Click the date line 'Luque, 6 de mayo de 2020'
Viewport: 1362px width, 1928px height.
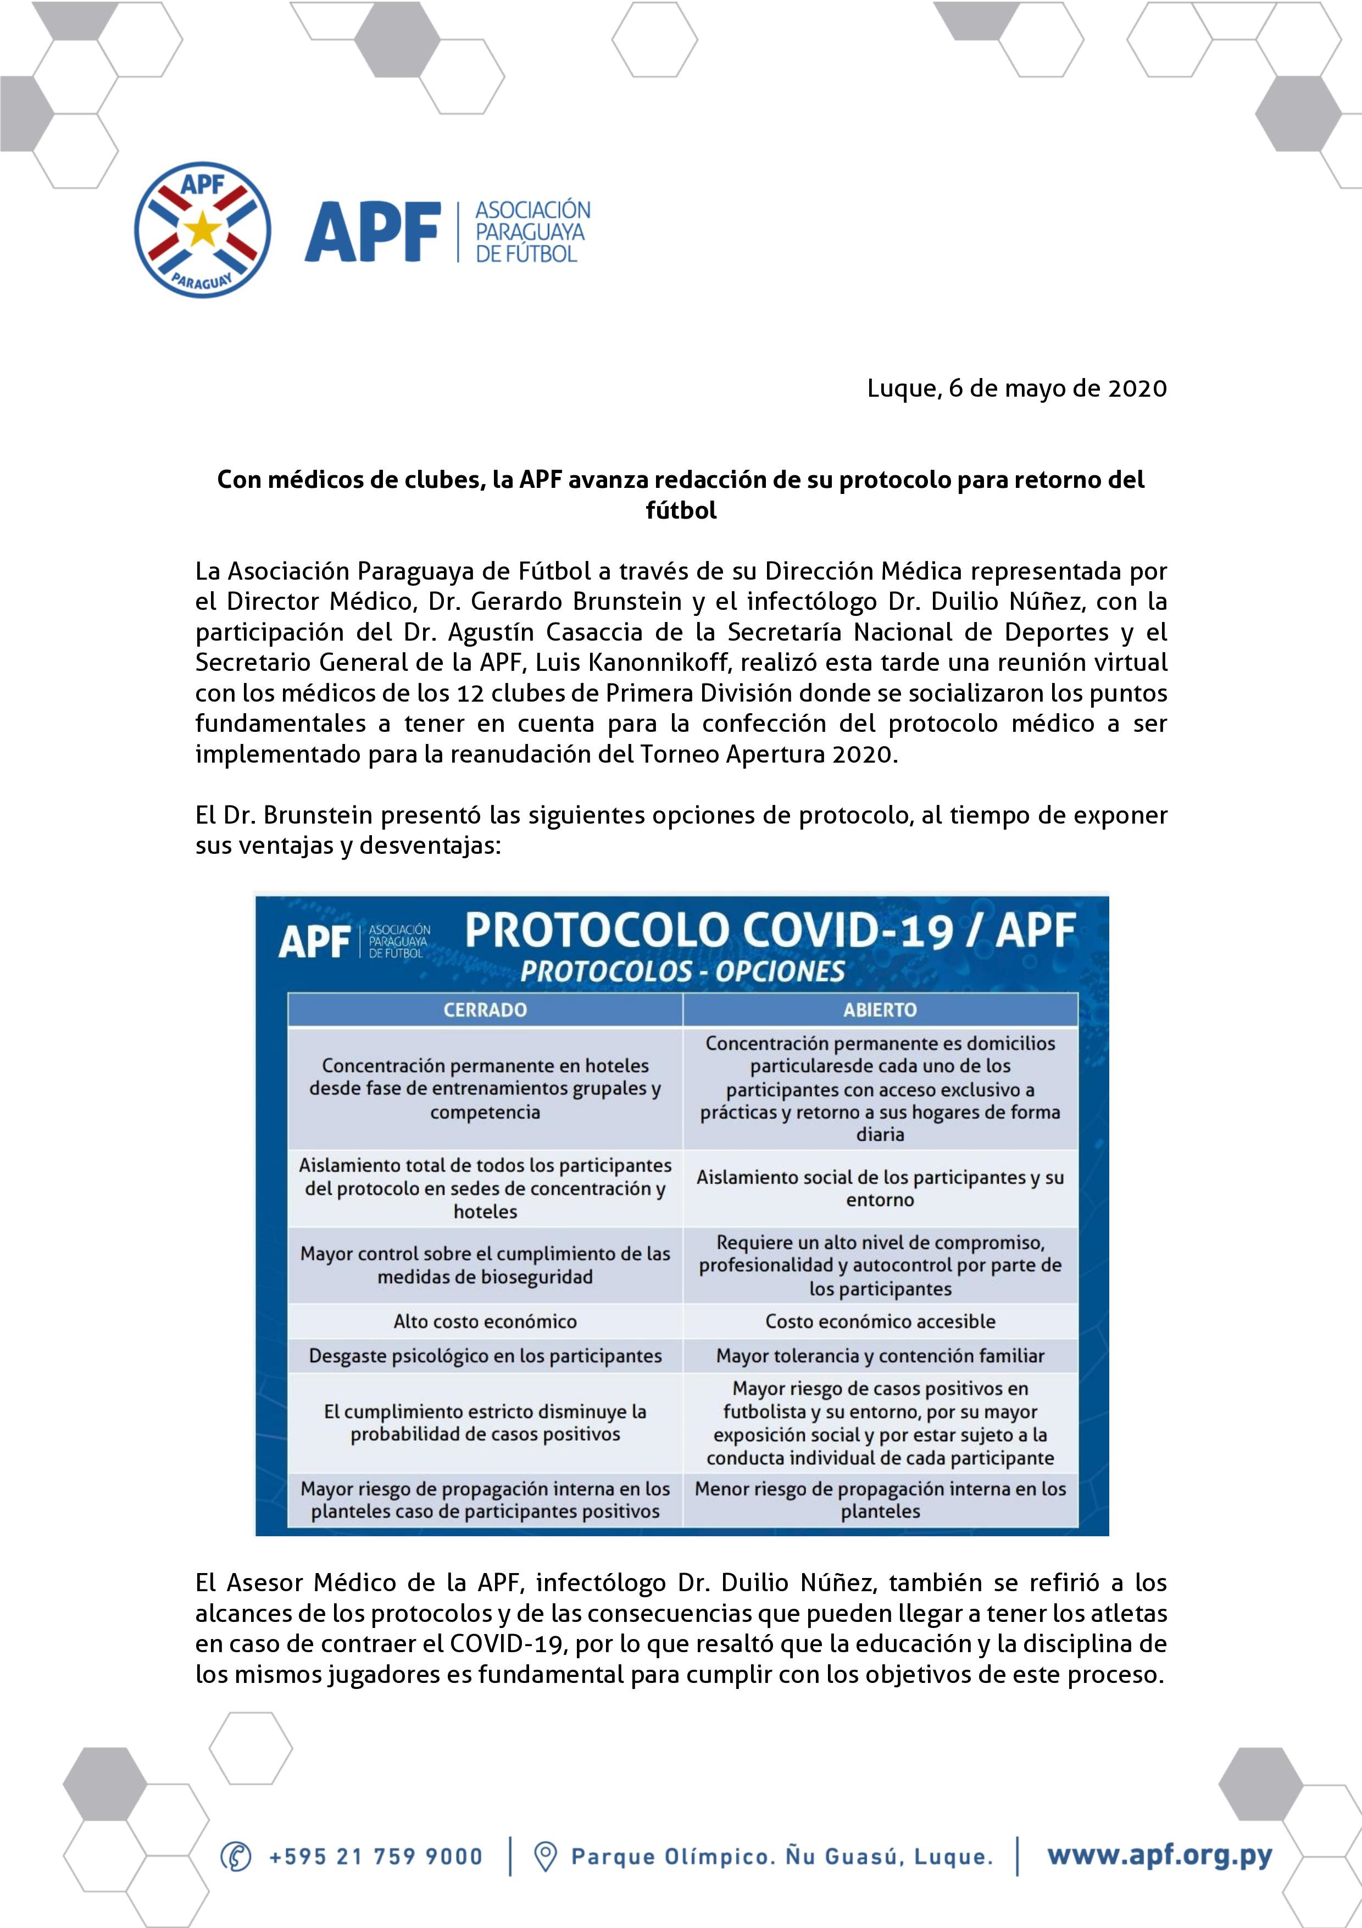pyautogui.click(x=1017, y=389)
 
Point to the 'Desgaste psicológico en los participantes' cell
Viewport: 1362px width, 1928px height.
pyautogui.click(x=485, y=1355)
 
